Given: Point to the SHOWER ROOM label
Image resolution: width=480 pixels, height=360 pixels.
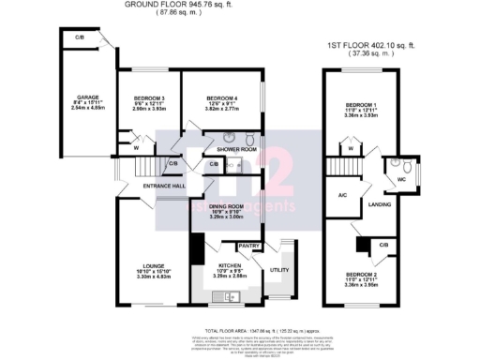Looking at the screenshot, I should (236, 149).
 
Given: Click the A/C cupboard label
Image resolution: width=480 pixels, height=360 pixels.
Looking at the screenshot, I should (343, 197).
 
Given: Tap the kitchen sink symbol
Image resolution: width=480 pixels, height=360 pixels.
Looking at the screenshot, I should (228, 297).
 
